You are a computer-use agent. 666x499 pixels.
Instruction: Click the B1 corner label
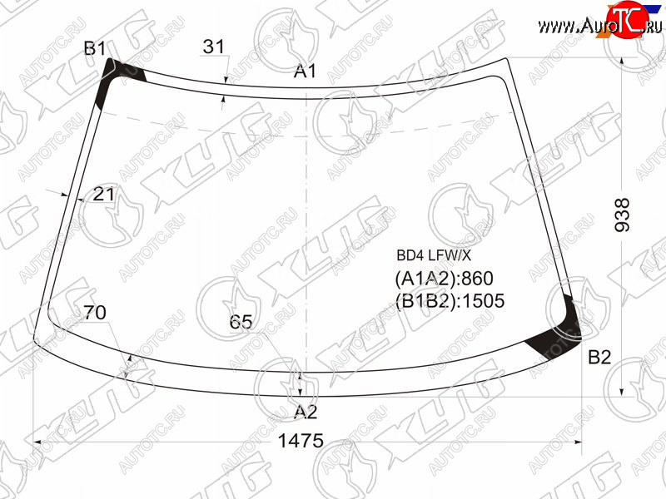click(95, 48)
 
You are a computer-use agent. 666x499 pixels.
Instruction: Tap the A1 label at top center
click(305, 72)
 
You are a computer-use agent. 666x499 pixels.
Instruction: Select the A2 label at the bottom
click(306, 412)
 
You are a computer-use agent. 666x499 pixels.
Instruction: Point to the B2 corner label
click(599, 358)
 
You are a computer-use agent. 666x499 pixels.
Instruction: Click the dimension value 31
click(213, 47)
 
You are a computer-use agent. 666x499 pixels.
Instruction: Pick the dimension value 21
click(103, 195)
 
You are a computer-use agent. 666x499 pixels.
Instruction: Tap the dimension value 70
click(95, 313)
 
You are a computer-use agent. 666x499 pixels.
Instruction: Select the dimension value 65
click(241, 322)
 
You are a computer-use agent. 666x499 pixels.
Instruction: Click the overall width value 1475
click(301, 442)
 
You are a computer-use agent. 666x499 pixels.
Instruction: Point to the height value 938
click(622, 215)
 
